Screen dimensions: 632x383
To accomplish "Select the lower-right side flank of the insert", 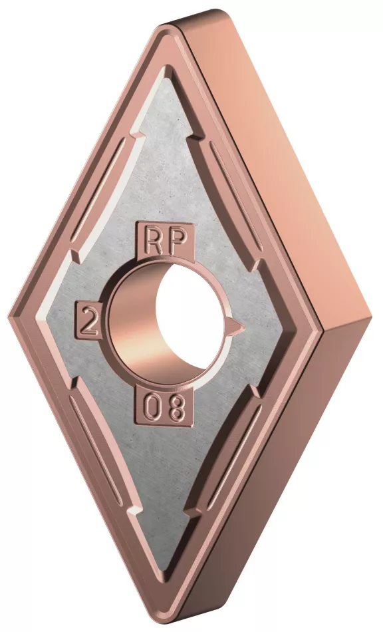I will (x=293, y=466).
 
